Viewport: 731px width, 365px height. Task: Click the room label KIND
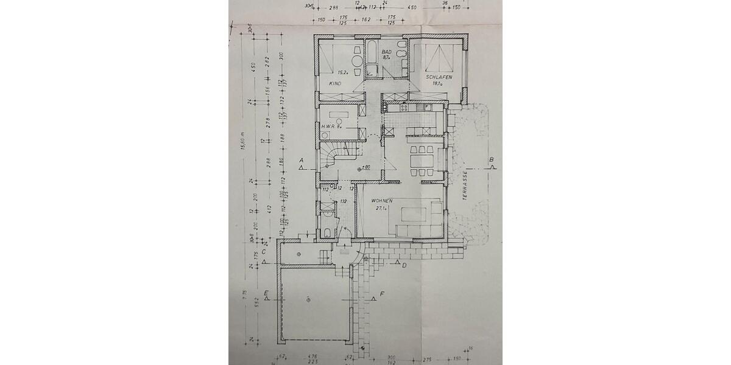[334, 83]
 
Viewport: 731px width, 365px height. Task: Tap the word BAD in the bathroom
[386, 52]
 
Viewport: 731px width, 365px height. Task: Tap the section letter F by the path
[382, 296]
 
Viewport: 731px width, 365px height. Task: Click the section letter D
[404, 265]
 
